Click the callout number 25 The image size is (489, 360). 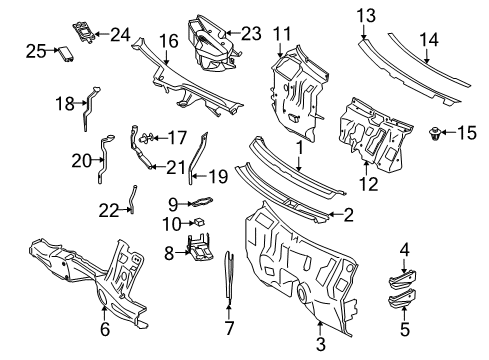(36, 51)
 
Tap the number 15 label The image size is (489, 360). (467, 133)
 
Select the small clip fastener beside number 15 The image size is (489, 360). (434, 133)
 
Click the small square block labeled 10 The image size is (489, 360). (199, 222)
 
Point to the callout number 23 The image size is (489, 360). (251, 33)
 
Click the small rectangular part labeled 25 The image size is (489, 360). (66, 54)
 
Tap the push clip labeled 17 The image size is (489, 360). (146, 138)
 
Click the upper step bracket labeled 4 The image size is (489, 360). (402, 279)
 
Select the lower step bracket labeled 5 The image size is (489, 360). (402, 298)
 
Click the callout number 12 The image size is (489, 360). (369, 184)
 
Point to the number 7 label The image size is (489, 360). (229, 328)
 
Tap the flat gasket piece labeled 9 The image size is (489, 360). (201, 201)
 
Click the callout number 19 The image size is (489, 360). (218, 176)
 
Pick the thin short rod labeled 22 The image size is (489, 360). (133, 199)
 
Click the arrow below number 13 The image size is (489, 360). (363, 32)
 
